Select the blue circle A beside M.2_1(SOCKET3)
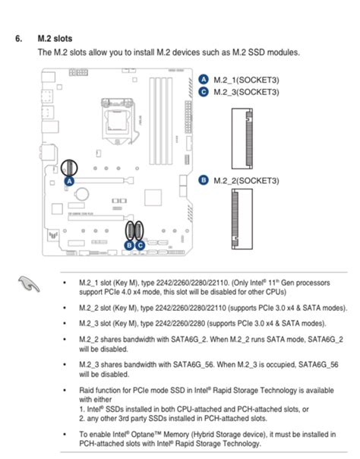(204, 78)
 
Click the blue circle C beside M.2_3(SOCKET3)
(204, 91)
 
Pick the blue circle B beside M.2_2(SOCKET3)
(204, 180)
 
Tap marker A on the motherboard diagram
(68, 182)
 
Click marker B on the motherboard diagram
(130, 245)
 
